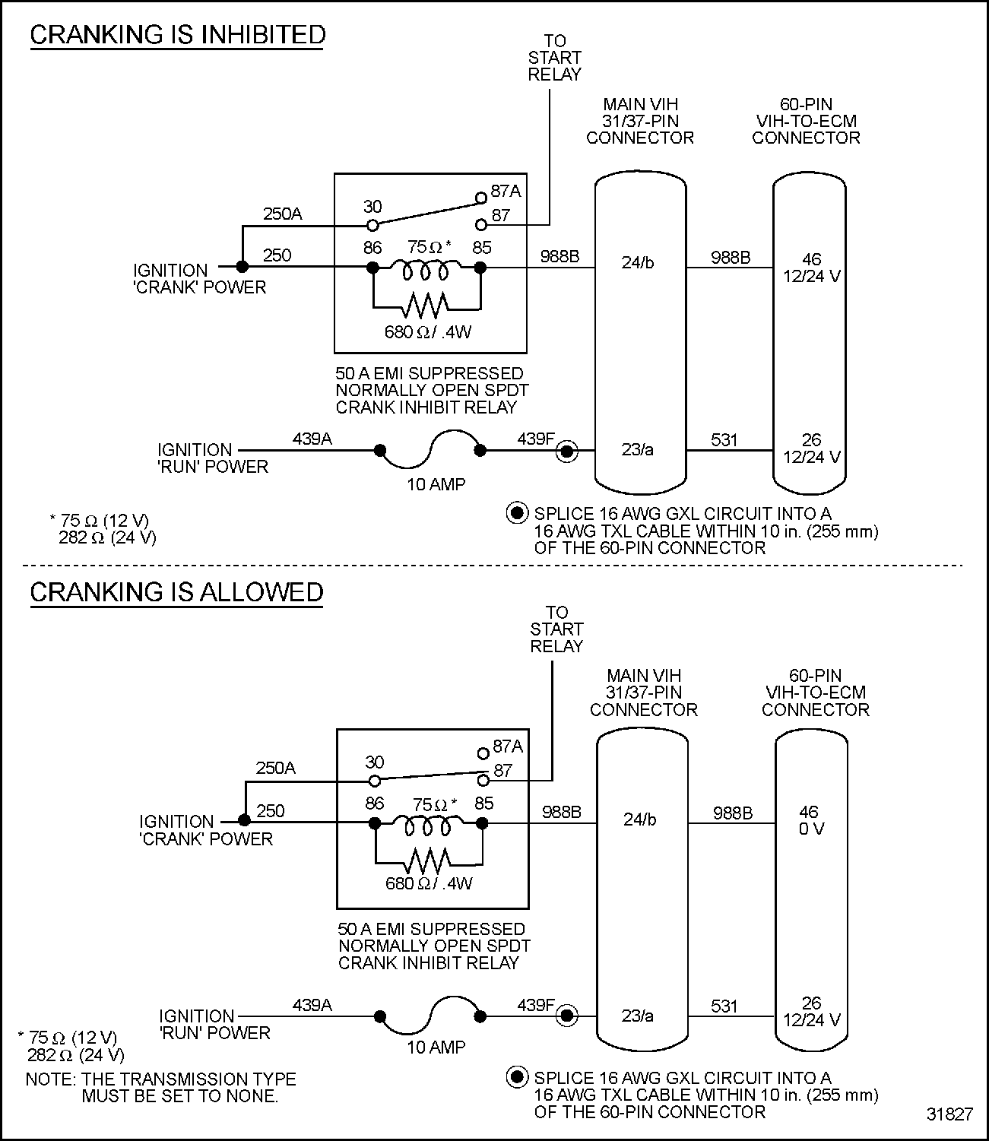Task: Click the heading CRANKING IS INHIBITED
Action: [x=177, y=35]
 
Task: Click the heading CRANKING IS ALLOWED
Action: [x=176, y=592]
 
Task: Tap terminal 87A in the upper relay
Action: [x=480, y=198]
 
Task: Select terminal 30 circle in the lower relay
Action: [x=374, y=781]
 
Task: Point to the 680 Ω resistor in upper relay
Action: [x=426, y=306]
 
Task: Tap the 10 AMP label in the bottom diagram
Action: [x=436, y=1047]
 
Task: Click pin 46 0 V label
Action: [x=810, y=820]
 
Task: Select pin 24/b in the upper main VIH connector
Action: [x=637, y=263]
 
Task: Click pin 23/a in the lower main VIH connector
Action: [x=637, y=1016]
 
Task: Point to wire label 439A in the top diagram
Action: [x=312, y=439]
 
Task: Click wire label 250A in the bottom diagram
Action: [x=276, y=768]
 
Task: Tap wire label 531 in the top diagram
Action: [x=724, y=439]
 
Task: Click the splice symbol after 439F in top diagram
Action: [x=566, y=452]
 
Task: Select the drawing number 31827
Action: [x=949, y=1114]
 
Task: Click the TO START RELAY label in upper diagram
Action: [x=554, y=58]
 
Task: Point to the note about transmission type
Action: [x=160, y=1088]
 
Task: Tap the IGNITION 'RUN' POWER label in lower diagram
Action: [x=214, y=1025]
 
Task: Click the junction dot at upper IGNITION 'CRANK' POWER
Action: [x=242, y=267]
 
